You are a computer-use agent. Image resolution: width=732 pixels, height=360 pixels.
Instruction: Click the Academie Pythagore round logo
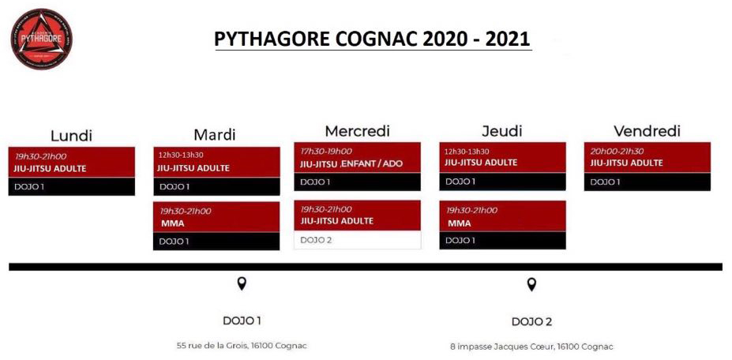[x=42, y=39]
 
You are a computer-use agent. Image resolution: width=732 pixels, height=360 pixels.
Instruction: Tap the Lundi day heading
[x=71, y=136]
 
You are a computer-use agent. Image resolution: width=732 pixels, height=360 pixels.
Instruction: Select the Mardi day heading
[x=215, y=134]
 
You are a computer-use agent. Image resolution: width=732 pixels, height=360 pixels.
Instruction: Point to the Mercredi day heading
[x=357, y=131]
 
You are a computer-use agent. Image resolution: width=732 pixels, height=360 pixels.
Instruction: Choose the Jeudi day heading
[x=502, y=131]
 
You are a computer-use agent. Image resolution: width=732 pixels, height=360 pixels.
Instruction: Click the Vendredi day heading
[x=647, y=131]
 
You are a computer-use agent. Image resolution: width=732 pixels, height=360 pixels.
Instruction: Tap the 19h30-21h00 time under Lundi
[x=40, y=156]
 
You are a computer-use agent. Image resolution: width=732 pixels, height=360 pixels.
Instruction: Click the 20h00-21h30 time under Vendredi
[x=618, y=152]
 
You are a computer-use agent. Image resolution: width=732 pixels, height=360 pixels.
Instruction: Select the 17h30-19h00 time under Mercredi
[x=326, y=152]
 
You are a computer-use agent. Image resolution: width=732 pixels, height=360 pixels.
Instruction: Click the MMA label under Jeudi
[x=460, y=223]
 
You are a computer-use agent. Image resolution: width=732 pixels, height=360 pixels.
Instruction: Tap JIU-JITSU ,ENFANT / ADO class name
[x=351, y=164]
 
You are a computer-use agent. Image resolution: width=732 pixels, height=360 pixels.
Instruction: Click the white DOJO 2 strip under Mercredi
[x=358, y=240]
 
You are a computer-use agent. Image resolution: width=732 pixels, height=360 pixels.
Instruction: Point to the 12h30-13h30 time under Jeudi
[x=467, y=152]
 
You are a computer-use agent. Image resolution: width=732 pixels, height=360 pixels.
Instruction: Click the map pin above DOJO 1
[x=242, y=283]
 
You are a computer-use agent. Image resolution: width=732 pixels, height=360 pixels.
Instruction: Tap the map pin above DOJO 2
[x=531, y=284]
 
